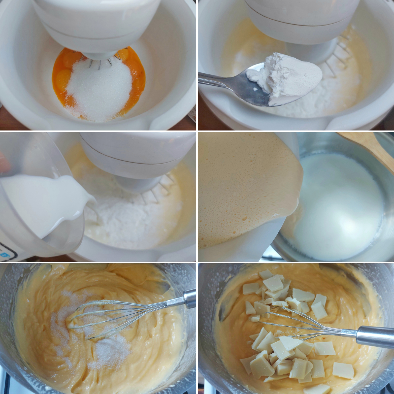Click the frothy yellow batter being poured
point(242,191)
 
